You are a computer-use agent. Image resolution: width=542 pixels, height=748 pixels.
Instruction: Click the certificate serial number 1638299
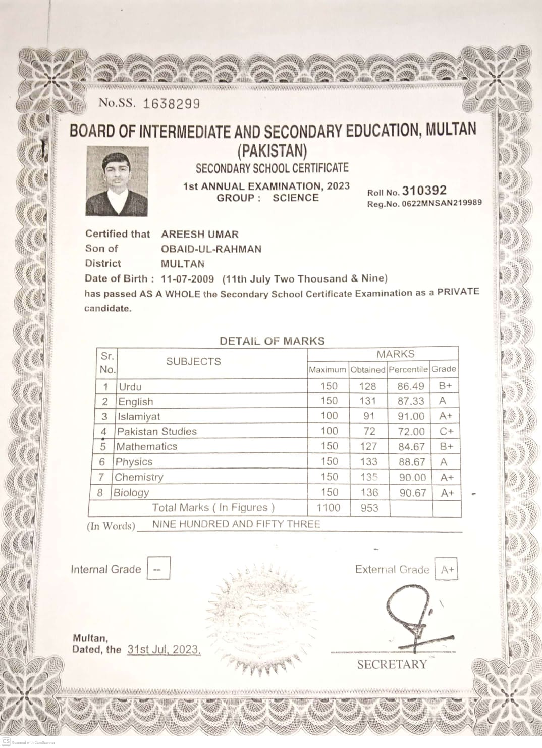(172, 104)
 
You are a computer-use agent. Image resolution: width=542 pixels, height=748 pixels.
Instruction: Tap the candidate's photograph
(117, 181)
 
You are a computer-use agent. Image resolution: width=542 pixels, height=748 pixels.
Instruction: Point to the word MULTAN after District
(183, 263)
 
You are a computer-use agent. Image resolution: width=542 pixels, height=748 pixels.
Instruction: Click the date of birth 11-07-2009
(187, 278)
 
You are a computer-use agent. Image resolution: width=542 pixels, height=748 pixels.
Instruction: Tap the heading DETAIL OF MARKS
(272, 341)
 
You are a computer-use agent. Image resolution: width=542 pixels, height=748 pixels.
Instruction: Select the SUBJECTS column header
(193, 362)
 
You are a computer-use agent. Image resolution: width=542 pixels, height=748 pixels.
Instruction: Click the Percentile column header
(408, 369)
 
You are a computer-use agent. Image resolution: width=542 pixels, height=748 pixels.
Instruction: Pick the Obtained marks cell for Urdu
(368, 386)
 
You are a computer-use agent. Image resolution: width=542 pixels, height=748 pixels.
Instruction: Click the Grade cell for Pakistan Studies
(447, 431)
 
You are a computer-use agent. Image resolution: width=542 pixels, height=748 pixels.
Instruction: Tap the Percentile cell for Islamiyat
(411, 416)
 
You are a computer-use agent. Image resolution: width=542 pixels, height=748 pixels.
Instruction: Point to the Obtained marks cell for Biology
(369, 492)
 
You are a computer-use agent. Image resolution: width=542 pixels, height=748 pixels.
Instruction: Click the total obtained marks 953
(369, 508)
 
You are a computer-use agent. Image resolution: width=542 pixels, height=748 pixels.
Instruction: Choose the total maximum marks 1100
(329, 508)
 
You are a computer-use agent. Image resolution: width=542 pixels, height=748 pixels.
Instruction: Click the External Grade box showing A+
(447, 570)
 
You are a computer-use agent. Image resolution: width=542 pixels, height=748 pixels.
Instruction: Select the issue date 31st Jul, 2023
(164, 649)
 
